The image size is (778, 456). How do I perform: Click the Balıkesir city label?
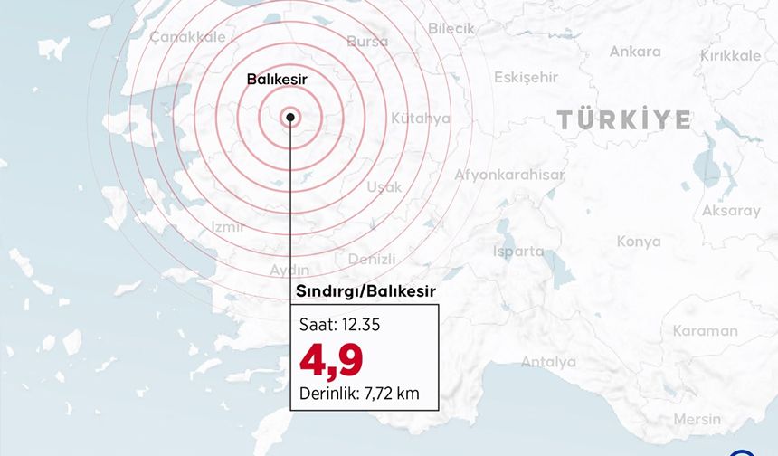pos(277,80)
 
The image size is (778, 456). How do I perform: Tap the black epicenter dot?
pos(289,116)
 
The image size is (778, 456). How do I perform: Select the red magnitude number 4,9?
pos(331,359)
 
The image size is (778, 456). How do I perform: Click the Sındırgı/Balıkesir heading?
pos(366,291)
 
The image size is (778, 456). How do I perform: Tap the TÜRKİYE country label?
pos(623,119)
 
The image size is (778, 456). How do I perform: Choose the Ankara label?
pos(634,52)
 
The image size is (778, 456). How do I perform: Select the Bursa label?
pos(367,42)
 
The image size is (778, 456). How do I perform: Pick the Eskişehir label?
pos(526,77)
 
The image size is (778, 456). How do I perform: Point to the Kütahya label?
pos(421,119)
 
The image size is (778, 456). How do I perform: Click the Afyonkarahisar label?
pos(509,175)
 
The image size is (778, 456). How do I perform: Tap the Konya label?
pos(639,242)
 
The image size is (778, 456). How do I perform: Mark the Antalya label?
pos(548,362)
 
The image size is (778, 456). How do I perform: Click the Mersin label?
pos(697,419)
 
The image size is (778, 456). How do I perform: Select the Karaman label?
pos(705,331)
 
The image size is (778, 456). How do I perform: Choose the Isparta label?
pos(518,251)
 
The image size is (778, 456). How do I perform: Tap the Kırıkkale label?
pos(730,56)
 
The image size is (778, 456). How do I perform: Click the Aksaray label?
pos(731,211)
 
